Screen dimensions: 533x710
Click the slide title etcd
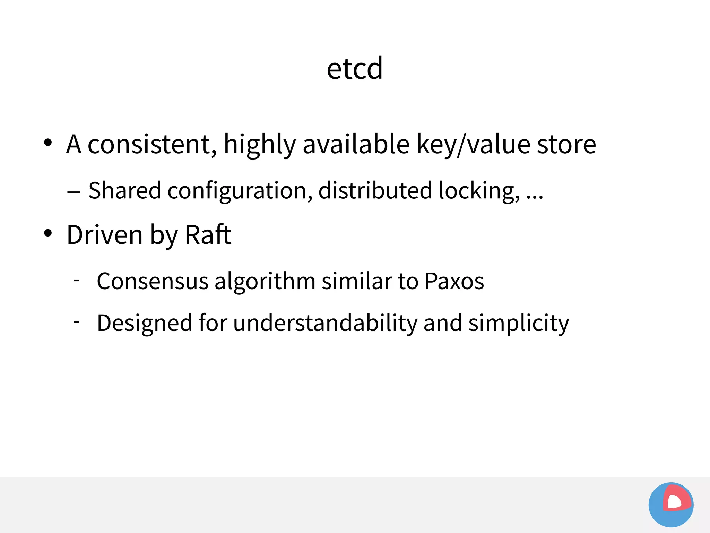click(x=355, y=68)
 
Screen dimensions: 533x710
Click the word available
click(x=356, y=144)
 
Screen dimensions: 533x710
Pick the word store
click(x=566, y=145)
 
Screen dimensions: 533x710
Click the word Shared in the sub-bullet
click(x=125, y=190)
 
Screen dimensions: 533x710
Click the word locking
click(x=479, y=191)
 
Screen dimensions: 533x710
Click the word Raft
click(x=208, y=235)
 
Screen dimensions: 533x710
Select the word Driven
click(x=105, y=235)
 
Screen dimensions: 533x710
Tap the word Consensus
click(x=153, y=281)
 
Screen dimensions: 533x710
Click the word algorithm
click(x=265, y=281)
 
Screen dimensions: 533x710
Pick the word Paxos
click(x=454, y=281)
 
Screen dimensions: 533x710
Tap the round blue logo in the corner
click(x=671, y=505)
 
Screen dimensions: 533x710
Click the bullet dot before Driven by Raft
click(x=48, y=233)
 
